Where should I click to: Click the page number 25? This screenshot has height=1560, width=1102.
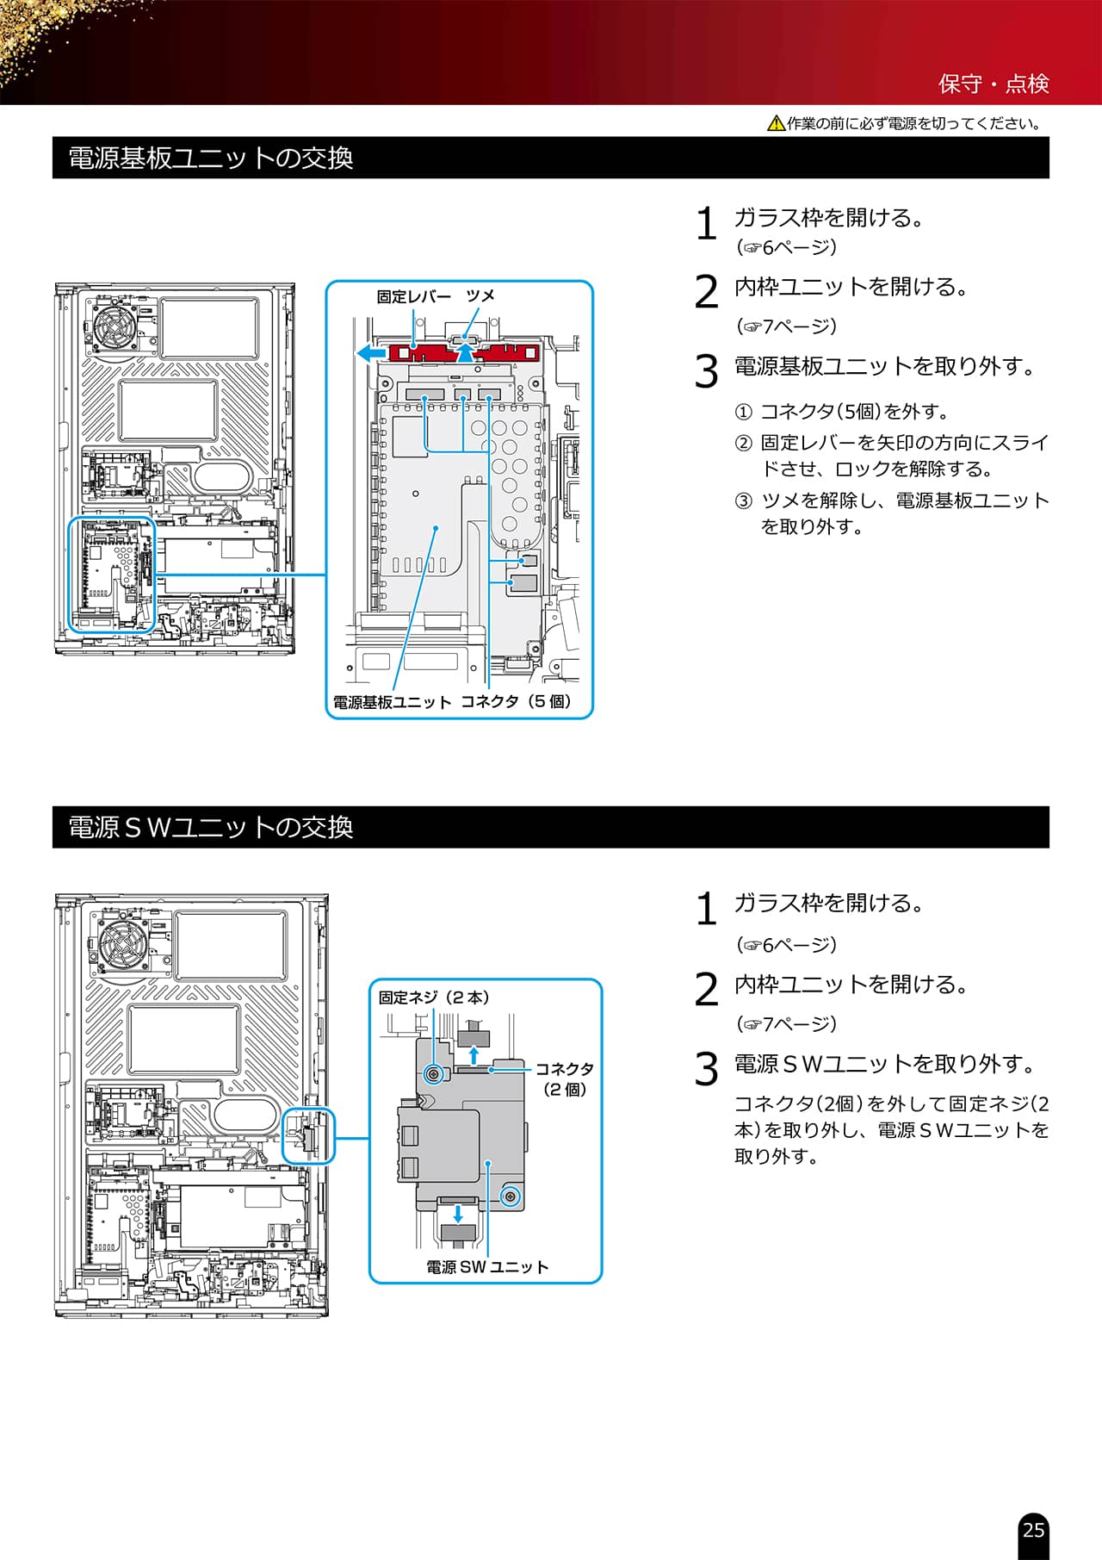(1033, 1530)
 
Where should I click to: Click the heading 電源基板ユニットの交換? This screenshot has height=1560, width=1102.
(210, 158)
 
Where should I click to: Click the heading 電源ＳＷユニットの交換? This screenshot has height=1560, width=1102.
(210, 827)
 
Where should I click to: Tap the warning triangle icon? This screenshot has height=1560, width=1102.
(775, 124)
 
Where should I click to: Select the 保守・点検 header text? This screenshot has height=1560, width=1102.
(994, 84)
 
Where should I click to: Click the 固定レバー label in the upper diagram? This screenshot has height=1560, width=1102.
(413, 296)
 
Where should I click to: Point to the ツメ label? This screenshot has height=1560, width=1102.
(480, 296)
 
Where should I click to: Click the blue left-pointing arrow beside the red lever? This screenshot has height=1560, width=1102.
(371, 353)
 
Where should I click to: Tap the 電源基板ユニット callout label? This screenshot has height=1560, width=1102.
(392, 702)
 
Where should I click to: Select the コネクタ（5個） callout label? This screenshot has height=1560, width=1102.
(516, 701)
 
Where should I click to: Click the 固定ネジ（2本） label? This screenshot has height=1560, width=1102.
(434, 998)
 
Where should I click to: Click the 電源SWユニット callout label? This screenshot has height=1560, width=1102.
(487, 1267)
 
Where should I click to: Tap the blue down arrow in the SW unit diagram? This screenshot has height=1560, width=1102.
(458, 1213)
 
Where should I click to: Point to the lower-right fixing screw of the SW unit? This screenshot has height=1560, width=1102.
(511, 1196)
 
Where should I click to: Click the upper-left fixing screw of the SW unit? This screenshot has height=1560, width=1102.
(435, 1074)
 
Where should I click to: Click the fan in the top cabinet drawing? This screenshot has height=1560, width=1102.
(115, 327)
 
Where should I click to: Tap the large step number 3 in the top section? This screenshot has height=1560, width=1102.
(706, 371)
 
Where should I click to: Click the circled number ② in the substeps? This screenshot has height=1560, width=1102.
(743, 444)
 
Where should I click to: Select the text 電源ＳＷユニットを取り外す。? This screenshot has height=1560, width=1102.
(886, 1065)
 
